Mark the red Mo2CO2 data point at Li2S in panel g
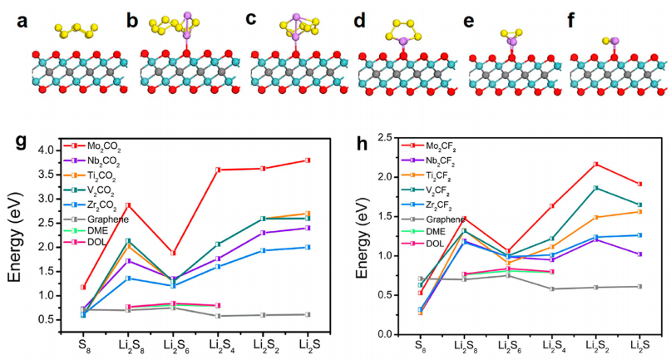click(x=308, y=160)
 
